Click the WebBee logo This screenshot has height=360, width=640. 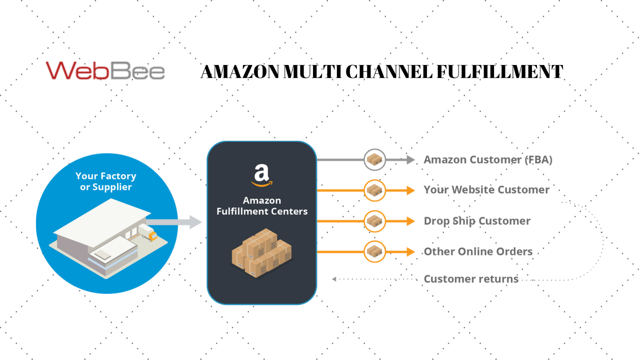(x=105, y=71)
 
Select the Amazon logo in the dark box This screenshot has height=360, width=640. (x=261, y=175)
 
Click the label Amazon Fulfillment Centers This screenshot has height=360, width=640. (x=261, y=206)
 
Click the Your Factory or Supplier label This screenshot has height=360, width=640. (x=105, y=181)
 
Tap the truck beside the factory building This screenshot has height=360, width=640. (x=148, y=233)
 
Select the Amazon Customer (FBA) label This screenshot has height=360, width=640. (x=487, y=160)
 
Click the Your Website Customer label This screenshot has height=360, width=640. (x=486, y=190)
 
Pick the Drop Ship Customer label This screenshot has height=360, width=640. (x=476, y=221)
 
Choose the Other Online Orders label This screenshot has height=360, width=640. (x=477, y=251)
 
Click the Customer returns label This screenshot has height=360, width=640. (x=470, y=279)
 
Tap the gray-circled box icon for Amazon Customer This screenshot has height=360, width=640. (x=374, y=160)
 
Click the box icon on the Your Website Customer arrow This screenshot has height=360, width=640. (x=374, y=190)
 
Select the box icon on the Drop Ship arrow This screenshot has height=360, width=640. (x=374, y=221)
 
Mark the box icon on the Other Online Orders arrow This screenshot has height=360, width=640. (x=374, y=251)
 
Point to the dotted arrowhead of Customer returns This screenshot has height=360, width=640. (x=334, y=279)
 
